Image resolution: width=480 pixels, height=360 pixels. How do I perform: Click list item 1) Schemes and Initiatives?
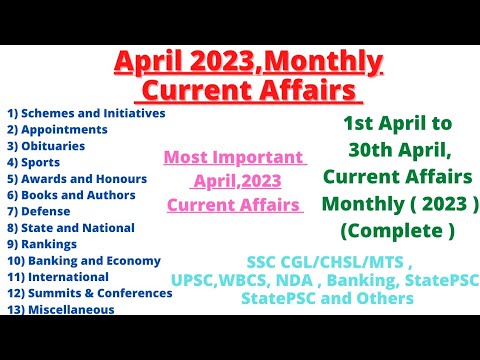click(x=85, y=112)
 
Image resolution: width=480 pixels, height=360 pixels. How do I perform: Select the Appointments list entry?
click(x=57, y=129)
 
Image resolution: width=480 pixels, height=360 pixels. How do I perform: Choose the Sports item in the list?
click(x=39, y=162)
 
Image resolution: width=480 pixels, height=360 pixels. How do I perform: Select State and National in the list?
click(x=70, y=227)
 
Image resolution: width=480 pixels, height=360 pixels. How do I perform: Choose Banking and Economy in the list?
click(x=82, y=260)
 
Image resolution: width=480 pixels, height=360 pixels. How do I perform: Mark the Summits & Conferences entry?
click(x=89, y=293)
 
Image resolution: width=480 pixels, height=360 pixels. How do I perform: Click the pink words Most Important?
click(x=234, y=158)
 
